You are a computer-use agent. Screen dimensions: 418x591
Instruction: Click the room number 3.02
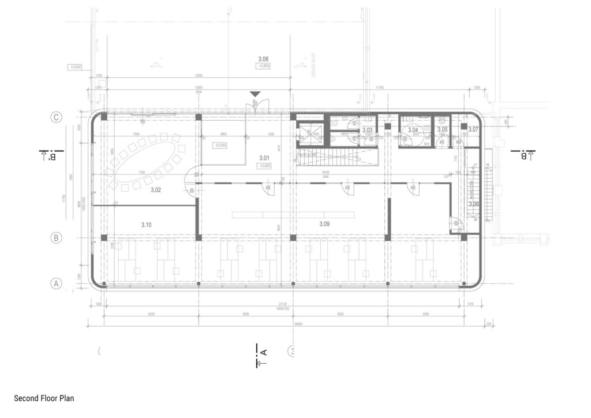156,189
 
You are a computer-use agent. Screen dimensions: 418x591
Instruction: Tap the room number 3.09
324,223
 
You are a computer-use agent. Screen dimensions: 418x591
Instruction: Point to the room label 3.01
265,158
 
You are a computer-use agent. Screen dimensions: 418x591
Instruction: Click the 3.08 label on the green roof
263,59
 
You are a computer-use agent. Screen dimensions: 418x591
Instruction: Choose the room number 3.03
367,130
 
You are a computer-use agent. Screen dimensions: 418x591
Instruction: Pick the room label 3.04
413,130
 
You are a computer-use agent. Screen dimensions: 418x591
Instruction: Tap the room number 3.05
442,130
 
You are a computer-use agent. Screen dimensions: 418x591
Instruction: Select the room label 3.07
473,130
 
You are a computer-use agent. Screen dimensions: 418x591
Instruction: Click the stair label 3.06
474,204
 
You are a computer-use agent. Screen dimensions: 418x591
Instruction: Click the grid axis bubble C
56,117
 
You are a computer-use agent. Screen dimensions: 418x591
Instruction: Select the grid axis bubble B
56,237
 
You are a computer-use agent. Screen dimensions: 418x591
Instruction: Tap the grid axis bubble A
56,283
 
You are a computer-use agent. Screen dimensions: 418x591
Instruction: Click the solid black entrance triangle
255,94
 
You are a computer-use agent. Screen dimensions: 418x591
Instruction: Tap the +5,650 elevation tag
76,67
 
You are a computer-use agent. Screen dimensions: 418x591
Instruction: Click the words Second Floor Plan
44,398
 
